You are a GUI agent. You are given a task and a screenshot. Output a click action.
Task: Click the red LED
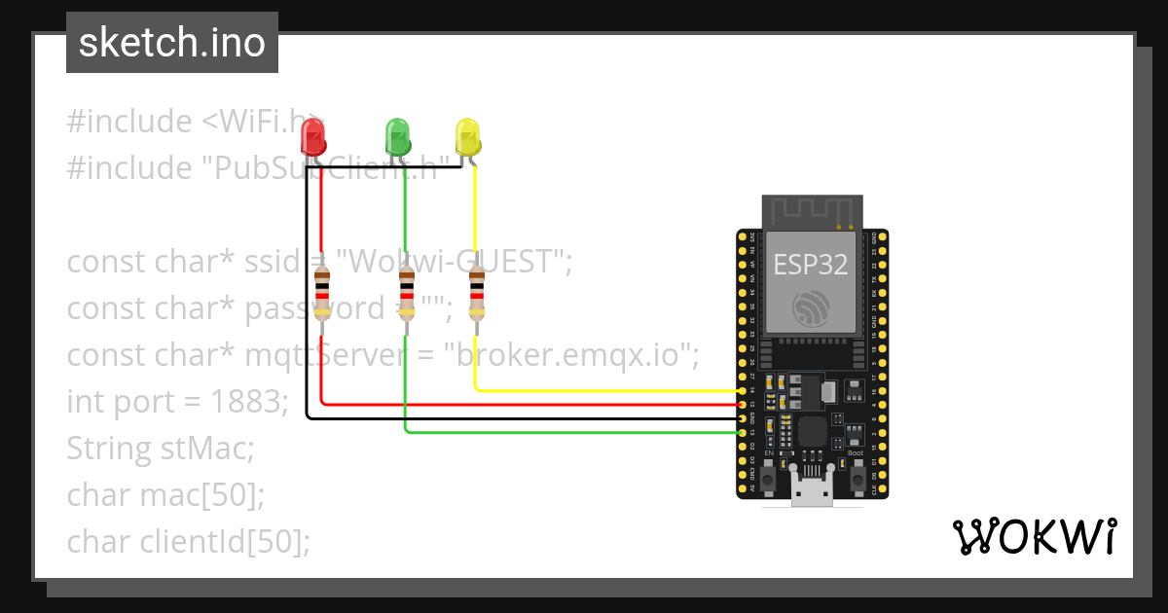312,137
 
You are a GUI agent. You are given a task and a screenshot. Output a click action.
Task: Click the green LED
397,136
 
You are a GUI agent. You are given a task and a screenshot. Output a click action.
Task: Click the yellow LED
468,136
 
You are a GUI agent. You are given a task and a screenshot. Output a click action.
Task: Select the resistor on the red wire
321,294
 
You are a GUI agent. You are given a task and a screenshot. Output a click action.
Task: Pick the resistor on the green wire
407,294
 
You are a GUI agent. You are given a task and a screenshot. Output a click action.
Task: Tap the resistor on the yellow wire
476,294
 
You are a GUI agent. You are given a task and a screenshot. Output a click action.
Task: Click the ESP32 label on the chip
811,264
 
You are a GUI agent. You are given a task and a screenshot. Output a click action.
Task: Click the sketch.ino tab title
172,43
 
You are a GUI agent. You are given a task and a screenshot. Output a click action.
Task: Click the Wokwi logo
1033,537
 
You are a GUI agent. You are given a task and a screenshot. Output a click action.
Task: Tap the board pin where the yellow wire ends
744,390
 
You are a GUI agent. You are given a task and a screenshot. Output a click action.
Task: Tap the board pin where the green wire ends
744,431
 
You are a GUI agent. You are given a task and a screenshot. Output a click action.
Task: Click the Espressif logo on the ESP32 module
811,309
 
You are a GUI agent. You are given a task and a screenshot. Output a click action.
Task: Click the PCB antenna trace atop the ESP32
811,212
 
